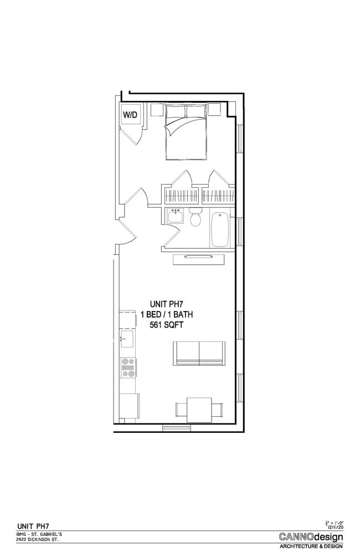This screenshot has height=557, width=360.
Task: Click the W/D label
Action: [x=130, y=115]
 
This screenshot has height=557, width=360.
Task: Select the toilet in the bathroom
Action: [x=194, y=218]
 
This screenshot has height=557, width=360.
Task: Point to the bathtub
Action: [x=220, y=228]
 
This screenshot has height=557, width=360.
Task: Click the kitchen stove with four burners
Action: [x=128, y=367]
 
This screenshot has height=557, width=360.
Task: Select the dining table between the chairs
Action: [x=199, y=410]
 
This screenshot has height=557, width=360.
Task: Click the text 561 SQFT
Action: [x=167, y=326]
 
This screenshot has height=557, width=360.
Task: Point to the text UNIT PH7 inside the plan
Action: [x=167, y=304]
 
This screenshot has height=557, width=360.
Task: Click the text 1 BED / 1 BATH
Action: [x=167, y=315]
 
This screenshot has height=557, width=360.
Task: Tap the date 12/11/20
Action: [x=335, y=527]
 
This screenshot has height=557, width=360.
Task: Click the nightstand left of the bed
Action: [x=157, y=110]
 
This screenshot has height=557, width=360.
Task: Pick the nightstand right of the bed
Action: [x=214, y=109]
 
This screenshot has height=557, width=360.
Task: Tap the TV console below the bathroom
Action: [x=199, y=259]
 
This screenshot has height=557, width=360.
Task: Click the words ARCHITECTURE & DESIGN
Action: [x=311, y=546]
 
